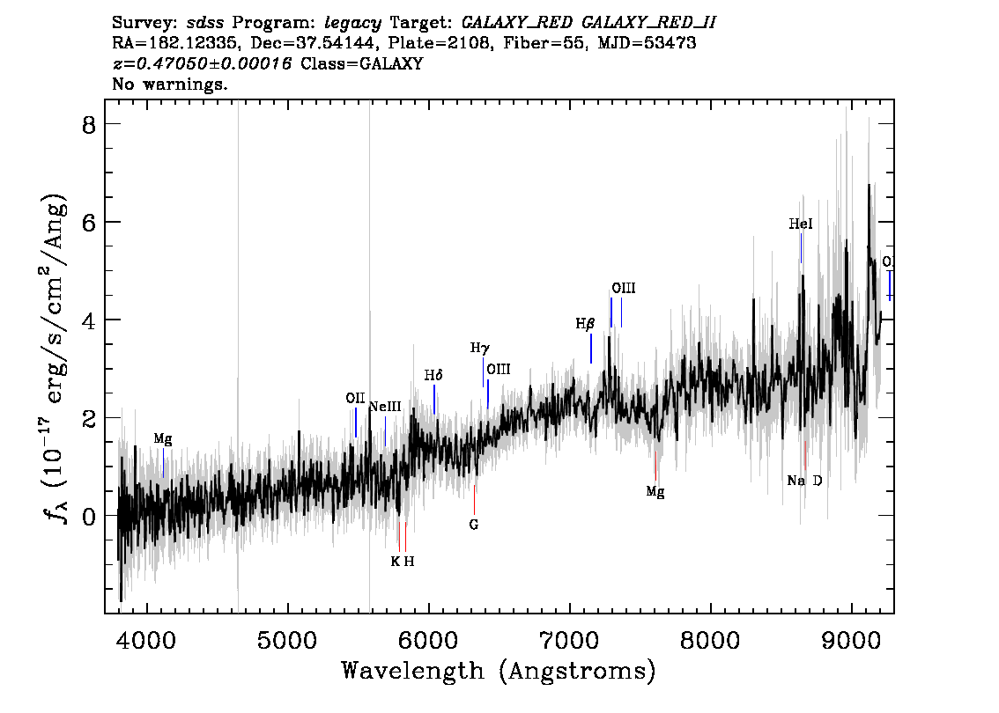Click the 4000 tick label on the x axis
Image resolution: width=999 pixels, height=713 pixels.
point(147,640)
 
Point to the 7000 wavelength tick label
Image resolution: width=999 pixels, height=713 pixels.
point(570,640)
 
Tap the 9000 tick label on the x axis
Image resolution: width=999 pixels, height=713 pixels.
point(851,640)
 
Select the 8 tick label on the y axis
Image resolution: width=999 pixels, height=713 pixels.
point(89,125)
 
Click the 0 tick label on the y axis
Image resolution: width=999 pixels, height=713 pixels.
point(89,516)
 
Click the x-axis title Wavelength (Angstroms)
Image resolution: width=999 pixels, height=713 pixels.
point(499,671)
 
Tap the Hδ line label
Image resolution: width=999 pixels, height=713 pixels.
point(433,375)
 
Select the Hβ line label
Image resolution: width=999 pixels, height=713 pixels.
point(585,324)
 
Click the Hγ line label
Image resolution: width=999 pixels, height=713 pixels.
point(480,349)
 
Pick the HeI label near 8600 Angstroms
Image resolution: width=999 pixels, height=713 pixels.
point(801,224)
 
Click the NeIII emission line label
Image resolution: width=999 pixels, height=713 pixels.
point(386,406)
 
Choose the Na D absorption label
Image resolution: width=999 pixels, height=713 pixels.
point(804,481)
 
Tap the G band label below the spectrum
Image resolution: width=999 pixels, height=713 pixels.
point(473,525)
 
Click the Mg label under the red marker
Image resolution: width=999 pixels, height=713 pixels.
point(655,492)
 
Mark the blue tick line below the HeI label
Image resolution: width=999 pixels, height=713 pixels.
point(801,248)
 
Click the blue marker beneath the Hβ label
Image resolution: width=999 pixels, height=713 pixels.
point(591,349)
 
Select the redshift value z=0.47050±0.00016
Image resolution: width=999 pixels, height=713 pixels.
point(202,63)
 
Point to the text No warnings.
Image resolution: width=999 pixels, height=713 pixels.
point(169,84)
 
